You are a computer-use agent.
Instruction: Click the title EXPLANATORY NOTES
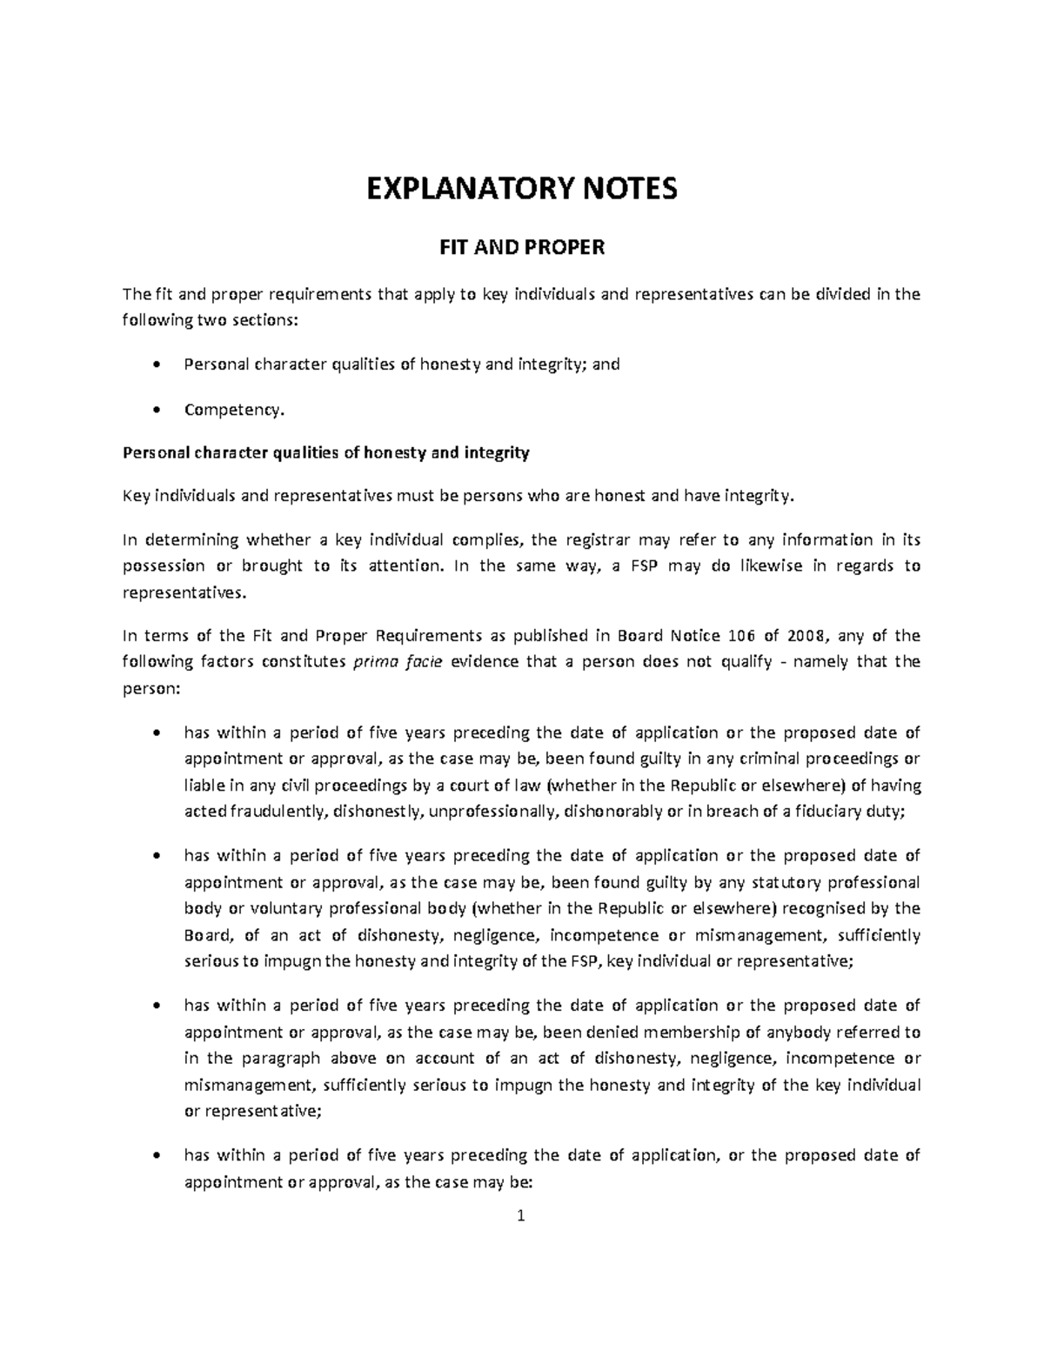point(521,189)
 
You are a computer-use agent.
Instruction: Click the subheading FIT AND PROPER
point(521,249)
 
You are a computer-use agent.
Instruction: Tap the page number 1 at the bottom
point(521,1217)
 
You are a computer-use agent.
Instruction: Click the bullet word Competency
point(234,410)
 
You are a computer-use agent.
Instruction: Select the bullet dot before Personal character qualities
point(156,365)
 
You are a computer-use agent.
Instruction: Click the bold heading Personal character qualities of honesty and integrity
point(325,452)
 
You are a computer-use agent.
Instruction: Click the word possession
point(164,566)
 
